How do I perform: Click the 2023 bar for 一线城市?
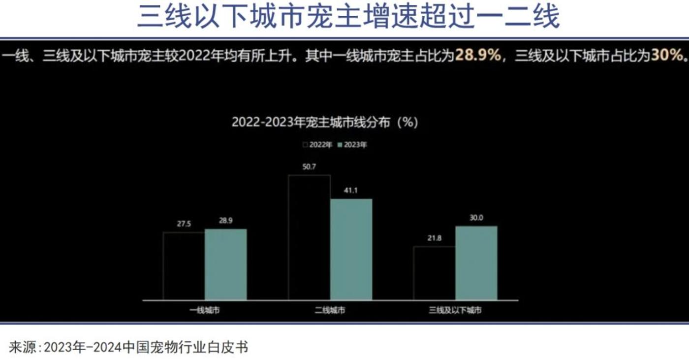[x=225, y=264]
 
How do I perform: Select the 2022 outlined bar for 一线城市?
[x=184, y=266]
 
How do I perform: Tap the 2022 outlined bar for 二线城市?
[x=309, y=237]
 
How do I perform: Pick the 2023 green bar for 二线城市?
[x=351, y=249]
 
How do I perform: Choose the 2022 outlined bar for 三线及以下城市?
[x=435, y=273]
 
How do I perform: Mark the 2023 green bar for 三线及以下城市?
[x=476, y=263]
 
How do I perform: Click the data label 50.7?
[x=310, y=167]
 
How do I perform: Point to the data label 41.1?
[x=351, y=191]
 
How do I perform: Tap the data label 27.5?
[x=184, y=224]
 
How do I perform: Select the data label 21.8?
[x=435, y=238]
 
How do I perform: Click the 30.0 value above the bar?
[x=476, y=218]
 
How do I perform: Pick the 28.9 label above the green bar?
[x=225, y=221]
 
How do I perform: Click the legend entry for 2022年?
[x=318, y=145]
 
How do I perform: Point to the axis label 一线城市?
[x=205, y=311]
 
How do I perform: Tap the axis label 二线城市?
[x=330, y=311]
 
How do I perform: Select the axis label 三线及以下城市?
[x=455, y=311]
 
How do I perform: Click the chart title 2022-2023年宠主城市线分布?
[x=325, y=122]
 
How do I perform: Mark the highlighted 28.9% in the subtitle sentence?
[x=477, y=55]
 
